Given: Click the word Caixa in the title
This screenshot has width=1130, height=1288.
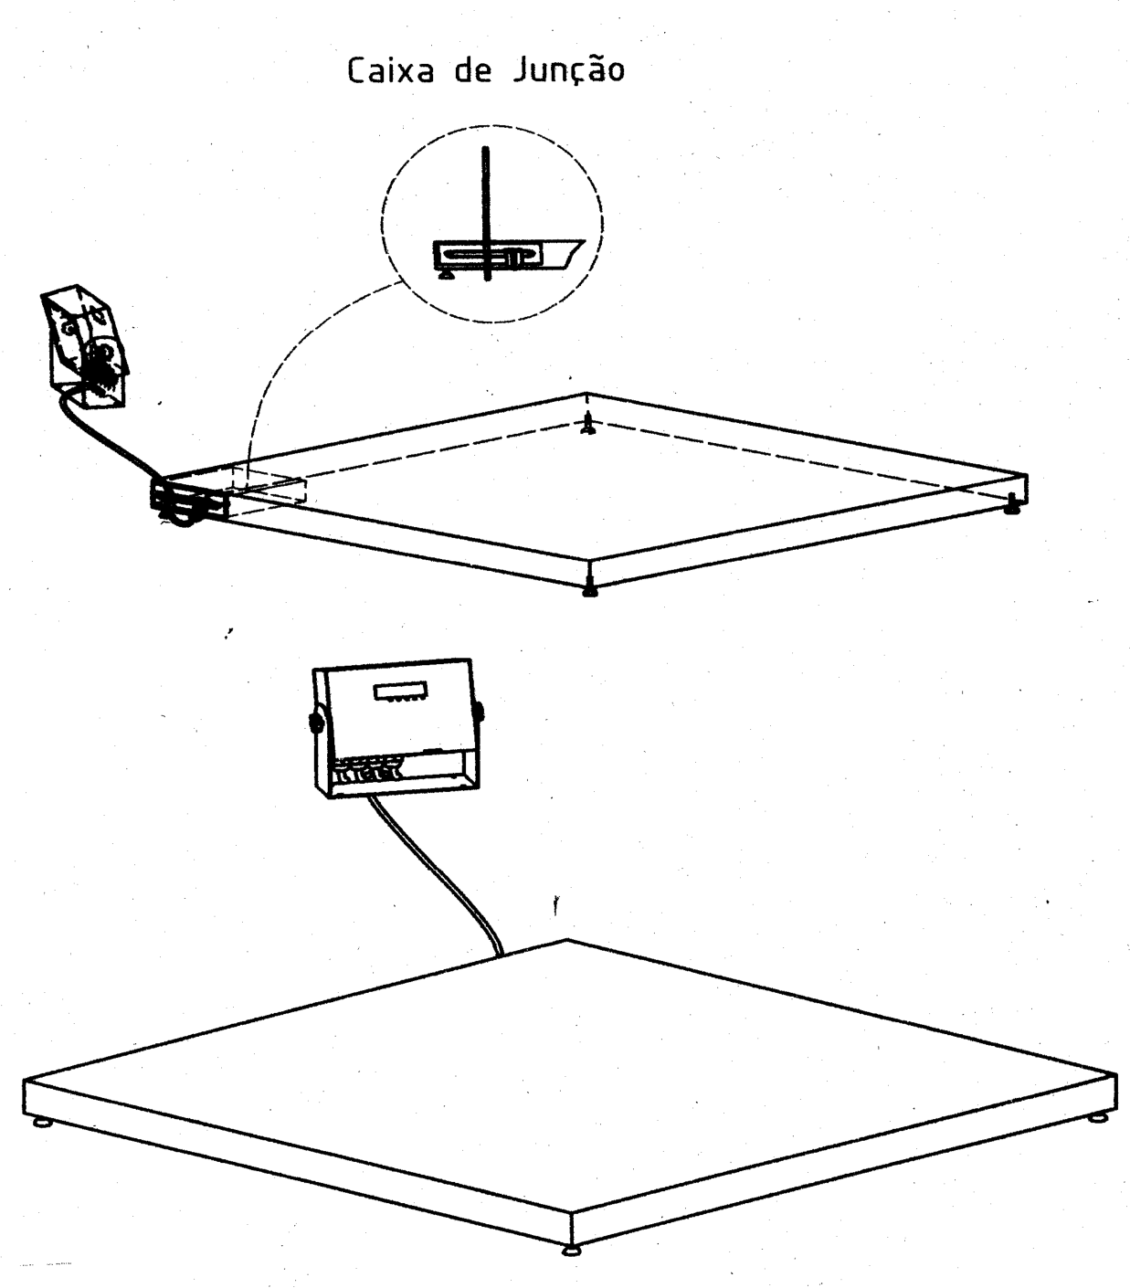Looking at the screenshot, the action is coord(390,70).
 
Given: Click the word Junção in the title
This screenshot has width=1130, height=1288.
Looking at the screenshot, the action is coord(568,71).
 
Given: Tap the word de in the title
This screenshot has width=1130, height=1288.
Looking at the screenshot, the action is coord(473,70).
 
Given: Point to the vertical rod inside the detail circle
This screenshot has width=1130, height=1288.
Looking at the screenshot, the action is coord(487,214).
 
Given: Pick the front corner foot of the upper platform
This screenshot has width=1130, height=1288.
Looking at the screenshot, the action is coord(590,588).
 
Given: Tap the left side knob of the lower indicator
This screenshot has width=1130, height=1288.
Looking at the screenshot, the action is coord(315,721).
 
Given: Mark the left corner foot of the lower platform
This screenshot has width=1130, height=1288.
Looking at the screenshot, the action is coord(43,1123).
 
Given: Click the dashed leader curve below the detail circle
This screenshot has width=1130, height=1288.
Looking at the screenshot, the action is coord(299,356).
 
